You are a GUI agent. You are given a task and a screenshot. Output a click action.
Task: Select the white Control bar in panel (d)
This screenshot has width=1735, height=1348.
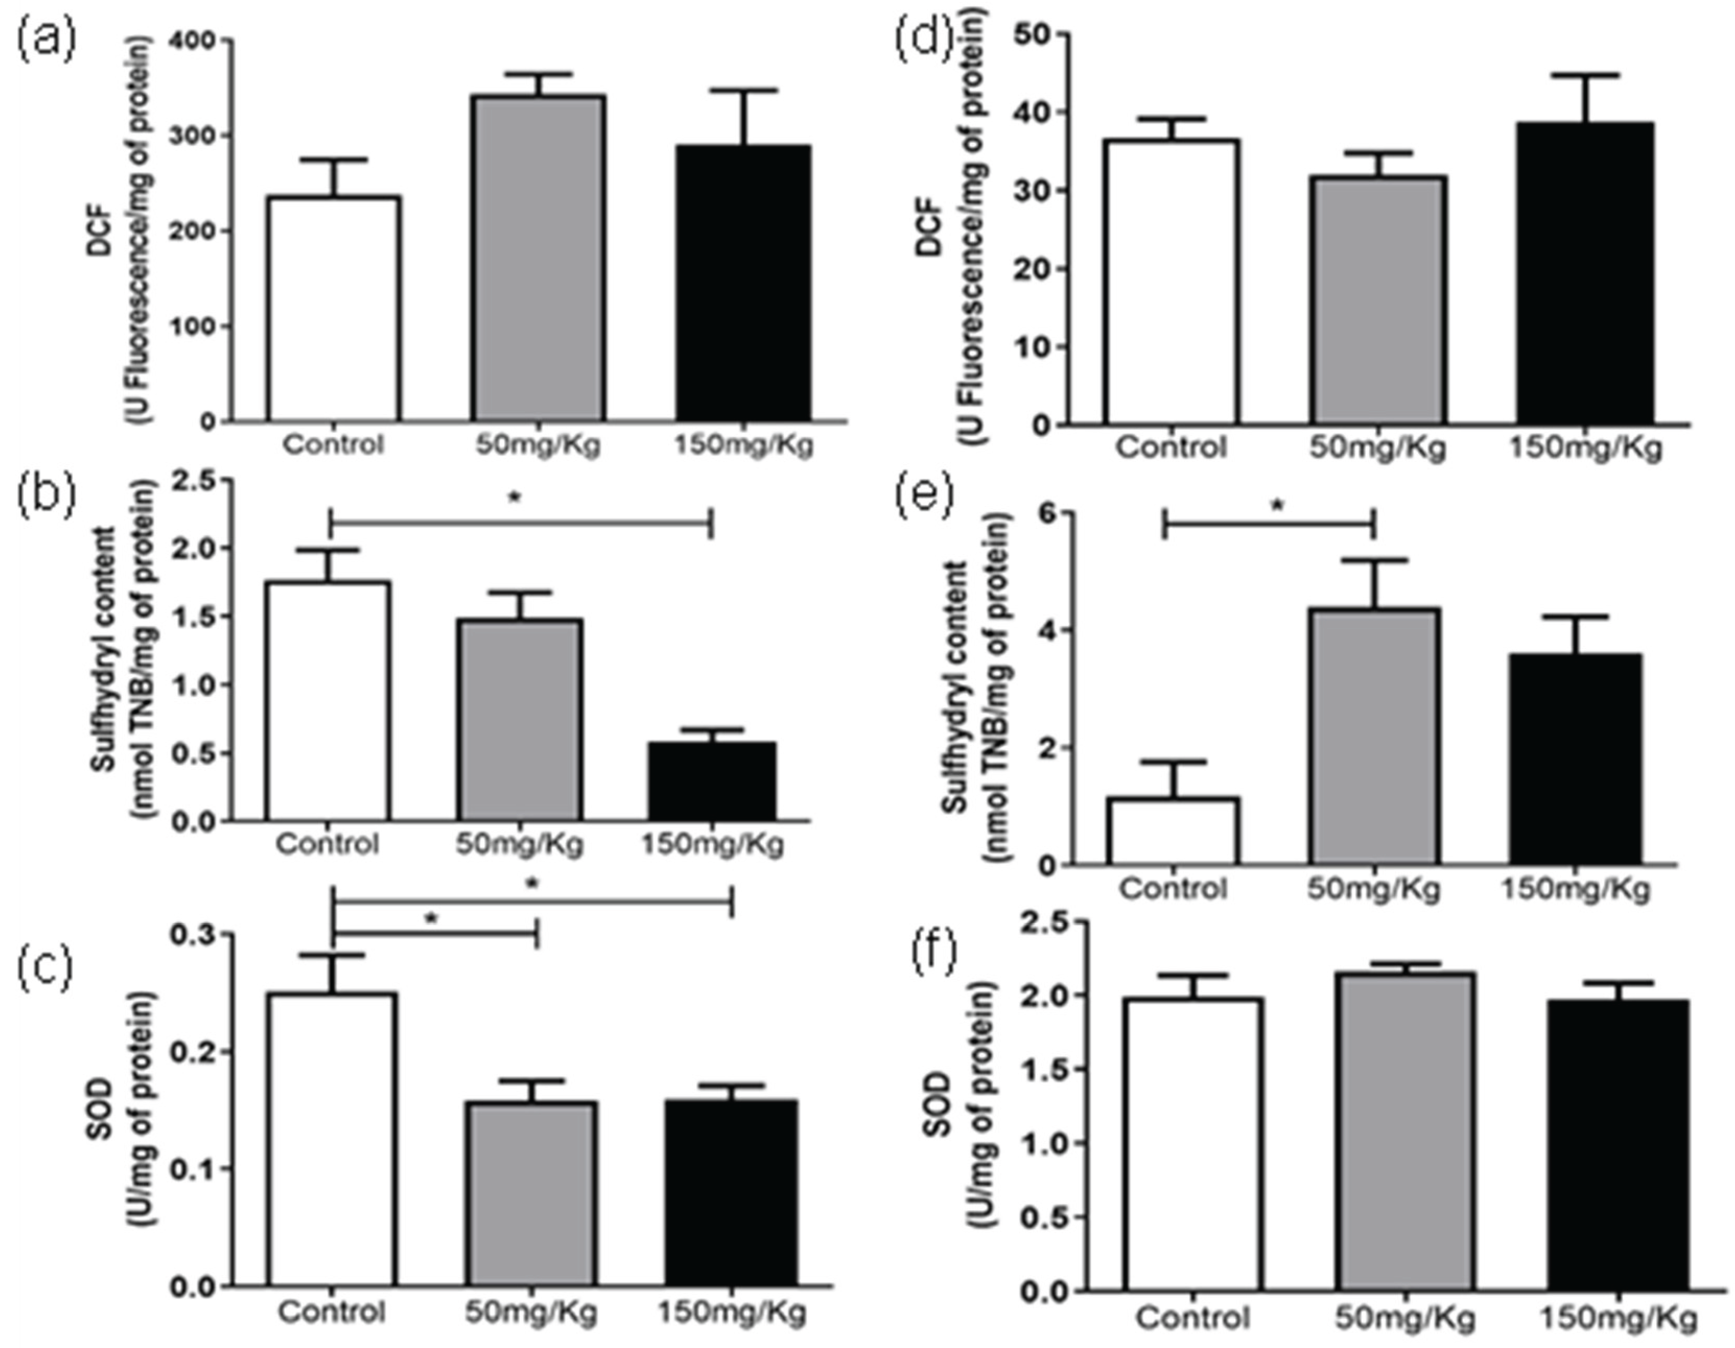[1170, 282]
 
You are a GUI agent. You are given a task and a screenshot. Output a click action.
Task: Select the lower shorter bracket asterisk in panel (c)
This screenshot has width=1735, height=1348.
[431, 919]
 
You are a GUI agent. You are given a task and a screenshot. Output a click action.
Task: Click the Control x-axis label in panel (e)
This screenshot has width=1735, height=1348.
[1173, 888]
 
